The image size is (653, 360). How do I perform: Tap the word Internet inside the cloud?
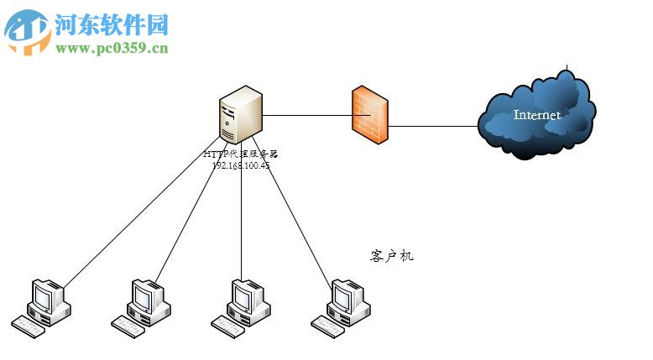[x=537, y=115]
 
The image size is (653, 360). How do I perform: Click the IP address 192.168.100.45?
[x=241, y=165]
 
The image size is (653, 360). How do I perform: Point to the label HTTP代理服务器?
[x=240, y=154]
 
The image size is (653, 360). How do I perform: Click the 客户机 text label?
[x=391, y=255]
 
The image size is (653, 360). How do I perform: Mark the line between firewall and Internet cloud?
[x=432, y=127]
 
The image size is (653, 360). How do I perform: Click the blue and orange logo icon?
[x=28, y=32]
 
